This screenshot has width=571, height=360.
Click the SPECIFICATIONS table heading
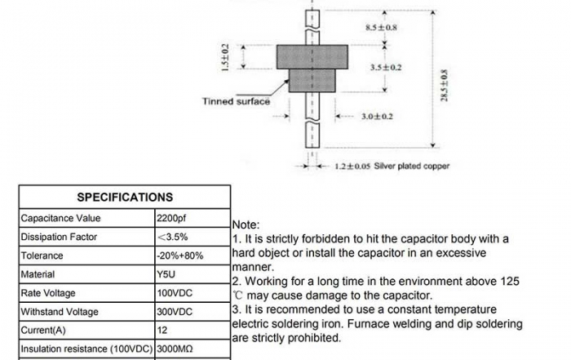[x=125, y=197]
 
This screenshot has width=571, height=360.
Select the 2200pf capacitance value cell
[x=172, y=219]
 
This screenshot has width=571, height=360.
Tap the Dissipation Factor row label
[x=59, y=238]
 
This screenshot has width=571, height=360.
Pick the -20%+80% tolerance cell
[x=179, y=256]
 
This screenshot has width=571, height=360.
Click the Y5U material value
[x=166, y=275]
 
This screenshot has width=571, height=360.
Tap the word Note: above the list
[x=246, y=224]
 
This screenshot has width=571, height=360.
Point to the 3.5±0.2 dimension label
[x=386, y=66]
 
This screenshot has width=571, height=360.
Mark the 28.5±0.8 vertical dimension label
[x=444, y=85]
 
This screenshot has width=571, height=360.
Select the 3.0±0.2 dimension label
[x=377, y=117]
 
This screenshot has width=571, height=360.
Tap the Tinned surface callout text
[x=236, y=102]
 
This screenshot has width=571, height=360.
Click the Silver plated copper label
[x=412, y=166]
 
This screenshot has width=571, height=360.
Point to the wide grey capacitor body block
[x=313, y=57]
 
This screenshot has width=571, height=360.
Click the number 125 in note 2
[x=510, y=281]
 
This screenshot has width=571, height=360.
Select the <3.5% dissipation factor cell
[x=172, y=238]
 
